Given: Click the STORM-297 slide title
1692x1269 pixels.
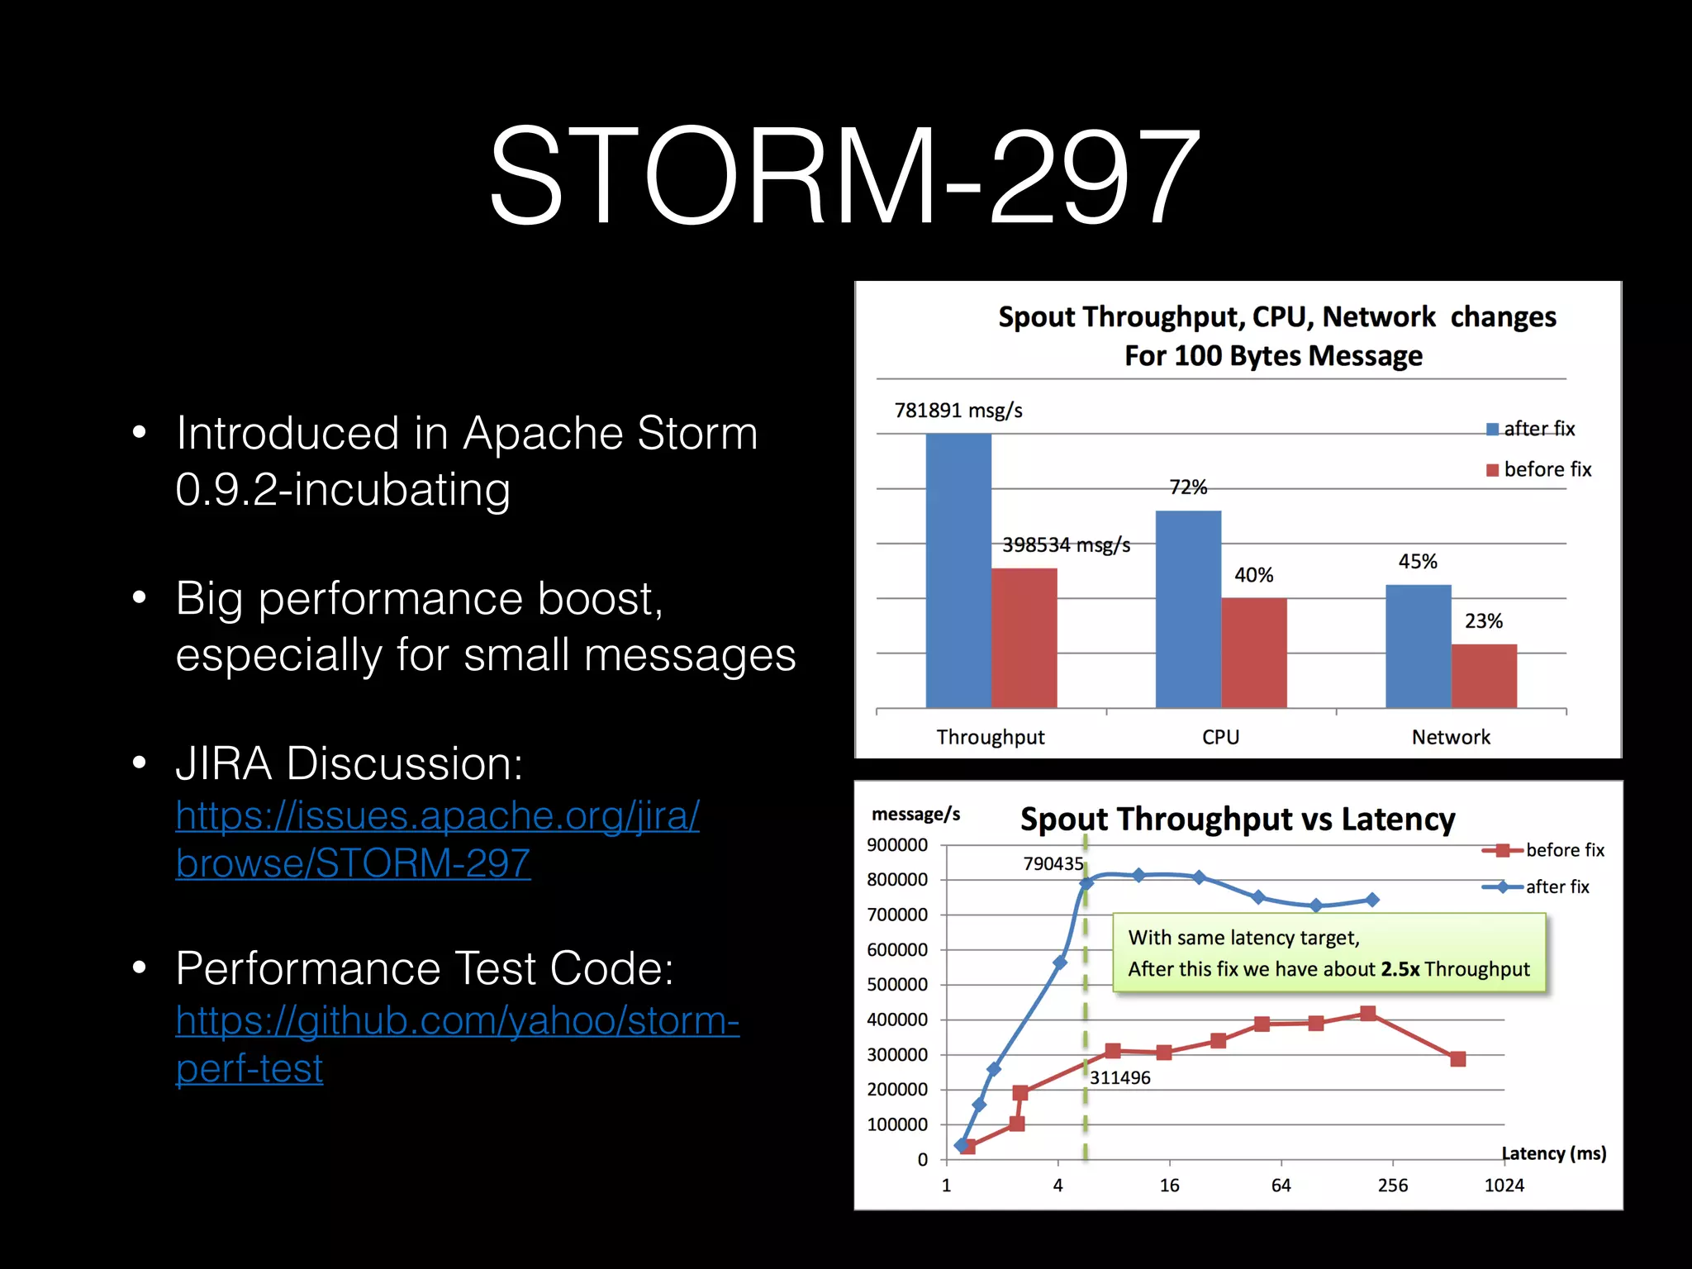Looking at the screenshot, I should tap(844, 176).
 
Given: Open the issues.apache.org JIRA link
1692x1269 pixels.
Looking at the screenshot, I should tap(437, 839).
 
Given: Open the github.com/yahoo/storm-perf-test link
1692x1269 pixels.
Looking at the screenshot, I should tap(457, 1044).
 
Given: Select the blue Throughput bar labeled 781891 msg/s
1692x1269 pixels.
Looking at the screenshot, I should tap(958, 570).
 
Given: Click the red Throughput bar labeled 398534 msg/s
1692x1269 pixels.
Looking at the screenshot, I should tap(1024, 638).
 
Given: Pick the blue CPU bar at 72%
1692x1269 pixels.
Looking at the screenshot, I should tap(1188, 609).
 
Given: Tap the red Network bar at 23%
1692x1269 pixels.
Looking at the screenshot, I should tap(1484, 675).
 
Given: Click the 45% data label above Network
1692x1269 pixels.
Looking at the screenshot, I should tap(1418, 562).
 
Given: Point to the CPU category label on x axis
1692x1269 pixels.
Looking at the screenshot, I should tap(1220, 737).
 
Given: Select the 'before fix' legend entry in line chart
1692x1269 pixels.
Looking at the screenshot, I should tap(1564, 850).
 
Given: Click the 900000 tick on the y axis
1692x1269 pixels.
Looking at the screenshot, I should tap(897, 845).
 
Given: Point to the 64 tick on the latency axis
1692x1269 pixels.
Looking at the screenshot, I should tap(1281, 1186).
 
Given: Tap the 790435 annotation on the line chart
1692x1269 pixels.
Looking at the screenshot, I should tap(1053, 864).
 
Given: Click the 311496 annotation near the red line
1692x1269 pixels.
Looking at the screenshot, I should tap(1119, 1077).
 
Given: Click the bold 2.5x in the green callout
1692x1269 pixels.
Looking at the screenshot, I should tap(1400, 969).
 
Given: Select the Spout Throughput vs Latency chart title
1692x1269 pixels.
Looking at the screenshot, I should tap(1237, 819).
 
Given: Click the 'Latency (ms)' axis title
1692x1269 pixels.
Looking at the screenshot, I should tap(1553, 1153).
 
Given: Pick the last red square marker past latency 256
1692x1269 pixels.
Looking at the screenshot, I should tap(1457, 1059).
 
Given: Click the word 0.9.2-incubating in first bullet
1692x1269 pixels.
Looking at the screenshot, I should tap(343, 489).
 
